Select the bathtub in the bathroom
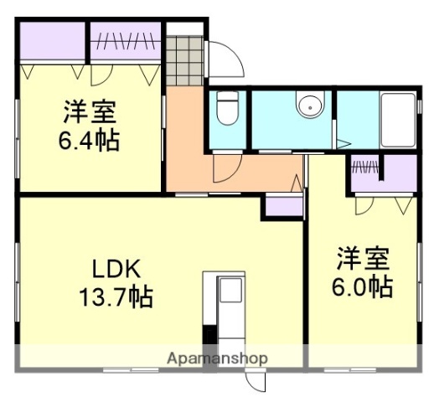[397, 119]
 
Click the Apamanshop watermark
[217, 358]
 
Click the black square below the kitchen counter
[209, 334]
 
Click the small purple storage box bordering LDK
[283, 205]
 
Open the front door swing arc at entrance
[225, 59]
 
